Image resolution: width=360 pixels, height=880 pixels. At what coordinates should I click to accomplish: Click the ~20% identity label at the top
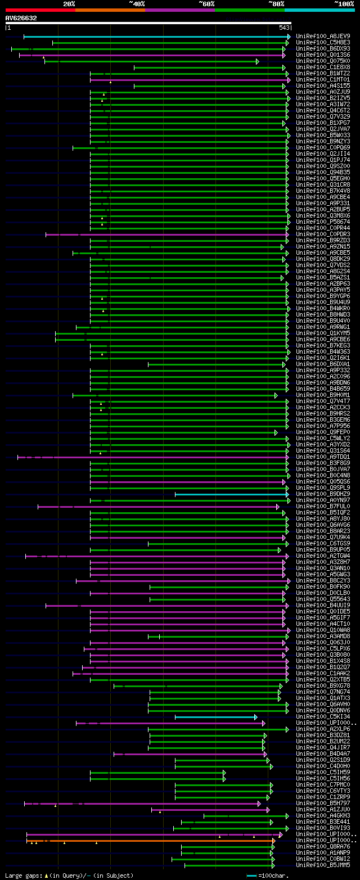pos(69,3)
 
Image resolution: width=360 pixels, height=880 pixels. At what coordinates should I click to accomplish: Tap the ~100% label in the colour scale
pos(344,3)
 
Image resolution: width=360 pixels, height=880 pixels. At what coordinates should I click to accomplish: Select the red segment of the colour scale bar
pos(40,10)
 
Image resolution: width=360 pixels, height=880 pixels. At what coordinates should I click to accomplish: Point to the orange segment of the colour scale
pos(110,10)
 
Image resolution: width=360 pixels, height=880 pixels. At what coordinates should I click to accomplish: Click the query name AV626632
pos(21,18)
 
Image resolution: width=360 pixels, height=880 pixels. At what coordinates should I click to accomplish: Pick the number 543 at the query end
pos(284,28)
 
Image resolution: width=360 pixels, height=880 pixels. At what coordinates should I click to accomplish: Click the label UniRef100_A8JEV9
pos(315,36)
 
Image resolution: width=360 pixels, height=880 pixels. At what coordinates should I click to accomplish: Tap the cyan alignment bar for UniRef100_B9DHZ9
pos(231,494)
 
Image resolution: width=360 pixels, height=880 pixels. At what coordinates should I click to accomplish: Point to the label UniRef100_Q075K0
pos(315,61)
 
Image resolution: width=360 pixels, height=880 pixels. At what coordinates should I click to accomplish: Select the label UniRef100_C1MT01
pos(315,79)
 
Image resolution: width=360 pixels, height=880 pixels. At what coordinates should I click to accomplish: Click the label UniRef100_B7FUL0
pos(315,507)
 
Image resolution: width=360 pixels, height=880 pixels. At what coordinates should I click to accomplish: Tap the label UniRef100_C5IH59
pos(315,773)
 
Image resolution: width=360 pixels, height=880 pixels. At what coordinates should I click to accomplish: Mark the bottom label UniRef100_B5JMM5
pos(315,865)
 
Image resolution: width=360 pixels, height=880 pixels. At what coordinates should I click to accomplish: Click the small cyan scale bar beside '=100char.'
pos(251,876)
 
